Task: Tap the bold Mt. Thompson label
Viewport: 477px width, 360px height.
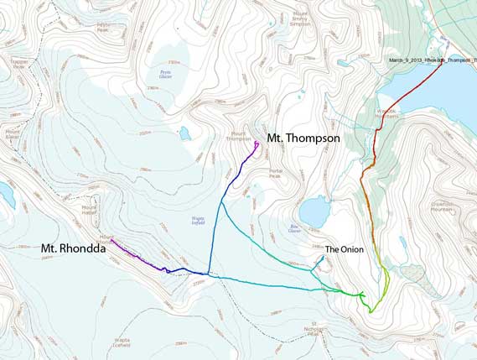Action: pos(303,138)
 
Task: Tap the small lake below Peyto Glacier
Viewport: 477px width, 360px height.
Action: pos(184,133)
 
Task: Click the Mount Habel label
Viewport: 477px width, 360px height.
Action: pos(90,208)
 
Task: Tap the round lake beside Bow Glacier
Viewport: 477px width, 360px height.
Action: pos(314,211)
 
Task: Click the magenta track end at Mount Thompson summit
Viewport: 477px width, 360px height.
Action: pos(256,143)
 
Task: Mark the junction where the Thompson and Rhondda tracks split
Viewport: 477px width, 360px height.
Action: pos(210,274)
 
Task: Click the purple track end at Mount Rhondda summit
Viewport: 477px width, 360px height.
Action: pos(111,241)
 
